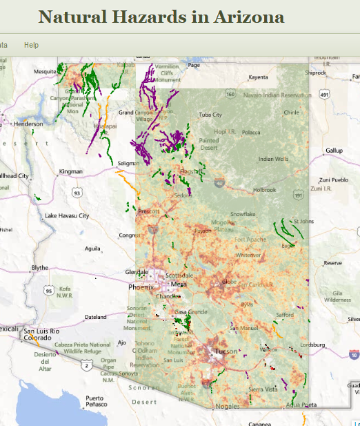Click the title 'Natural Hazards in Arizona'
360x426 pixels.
[x=161, y=17]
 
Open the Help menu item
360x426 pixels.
[x=31, y=45]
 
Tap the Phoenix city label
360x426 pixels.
[x=141, y=287]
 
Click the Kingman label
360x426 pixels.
[x=71, y=171]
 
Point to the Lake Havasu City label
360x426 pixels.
[x=67, y=215]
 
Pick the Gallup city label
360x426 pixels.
[x=334, y=150]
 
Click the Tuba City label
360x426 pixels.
[x=210, y=115]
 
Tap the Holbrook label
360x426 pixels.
[x=264, y=189]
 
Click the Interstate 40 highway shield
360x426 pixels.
[x=219, y=183]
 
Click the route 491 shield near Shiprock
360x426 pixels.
[x=325, y=95]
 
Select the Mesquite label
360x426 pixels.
[x=46, y=71]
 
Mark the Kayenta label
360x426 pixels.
[x=258, y=77]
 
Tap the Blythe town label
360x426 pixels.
[x=40, y=267]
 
